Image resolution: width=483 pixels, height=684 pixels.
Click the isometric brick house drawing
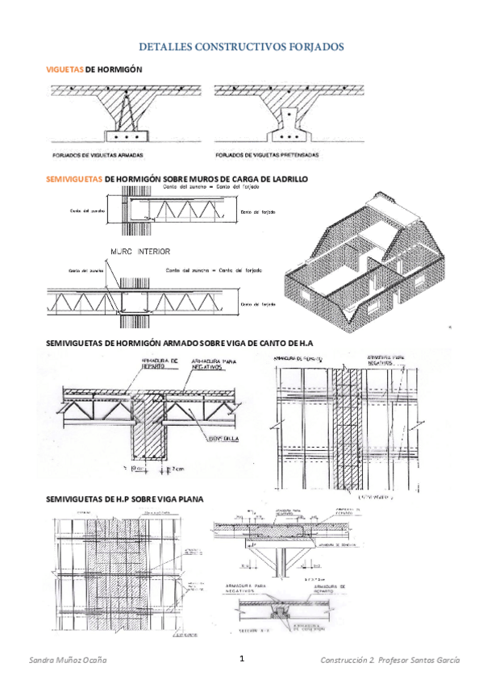363,258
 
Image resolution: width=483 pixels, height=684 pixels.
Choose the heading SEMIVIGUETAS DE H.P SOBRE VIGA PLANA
125,498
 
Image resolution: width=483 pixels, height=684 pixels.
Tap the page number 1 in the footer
241,658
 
